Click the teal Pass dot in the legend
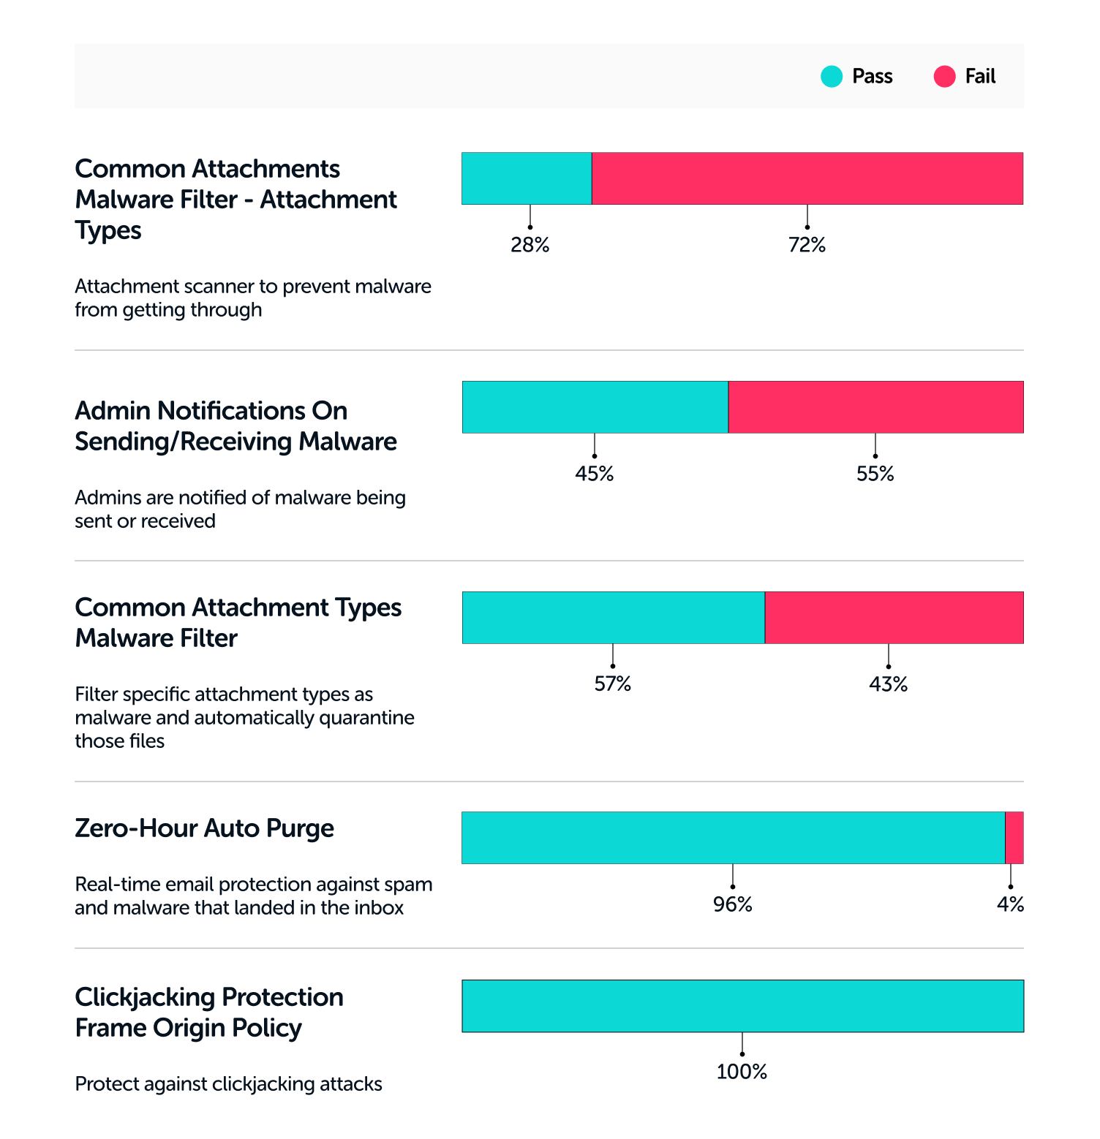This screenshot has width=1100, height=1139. pos(832,77)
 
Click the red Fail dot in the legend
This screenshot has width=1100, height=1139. pos(944,77)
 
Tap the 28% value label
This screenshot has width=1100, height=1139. pos(530,245)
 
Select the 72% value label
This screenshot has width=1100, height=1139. pos(807,245)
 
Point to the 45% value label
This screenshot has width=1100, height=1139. pos(594,474)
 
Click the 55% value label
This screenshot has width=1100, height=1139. pos(875,474)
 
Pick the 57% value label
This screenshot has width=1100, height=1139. pos(612,684)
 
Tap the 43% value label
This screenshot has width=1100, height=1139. pos(888,684)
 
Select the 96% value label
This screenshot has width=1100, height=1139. pos(732,905)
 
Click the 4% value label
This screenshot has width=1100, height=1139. pos(1010,905)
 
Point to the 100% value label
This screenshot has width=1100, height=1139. pos(742,1072)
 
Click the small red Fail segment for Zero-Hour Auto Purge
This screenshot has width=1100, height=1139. pos(1014,838)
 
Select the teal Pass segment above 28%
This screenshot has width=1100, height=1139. pos(527,178)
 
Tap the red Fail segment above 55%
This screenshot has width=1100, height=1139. pos(875,407)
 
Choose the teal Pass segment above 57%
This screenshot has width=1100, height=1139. pos(613,618)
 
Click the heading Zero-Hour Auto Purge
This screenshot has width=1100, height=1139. pos(204,828)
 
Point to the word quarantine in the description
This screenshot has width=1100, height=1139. pos(367,718)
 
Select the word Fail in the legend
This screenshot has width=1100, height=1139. pos(980,77)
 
